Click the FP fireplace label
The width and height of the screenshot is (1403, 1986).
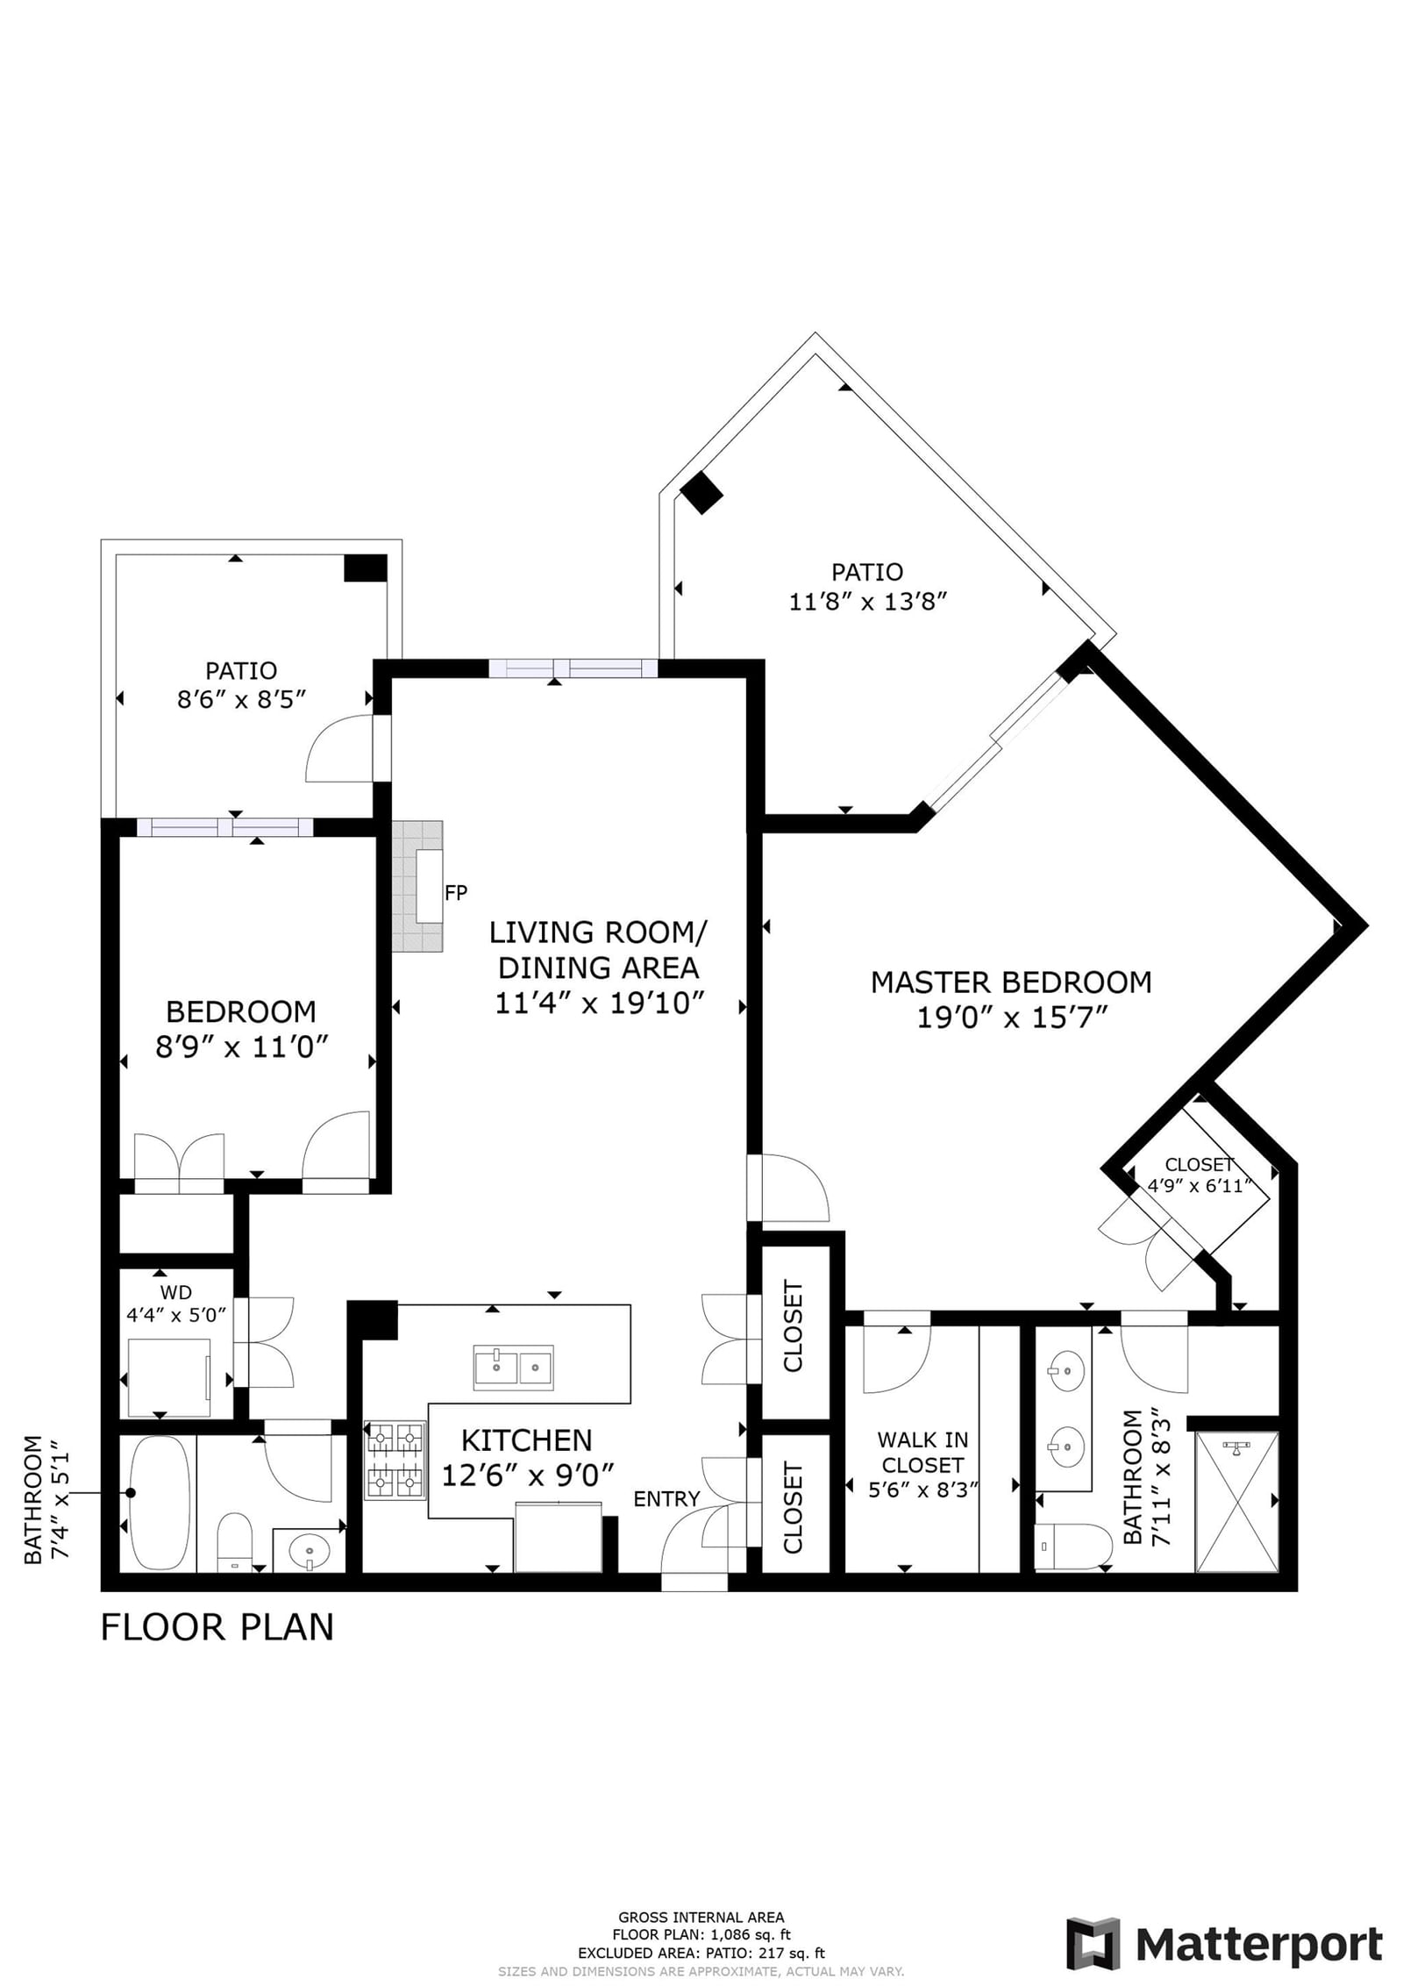pos(456,893)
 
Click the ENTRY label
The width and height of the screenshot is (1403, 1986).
pos(666,1499)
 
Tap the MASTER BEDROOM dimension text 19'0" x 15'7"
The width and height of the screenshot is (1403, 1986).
pos(1013,1018)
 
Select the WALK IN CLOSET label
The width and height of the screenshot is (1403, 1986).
pos(922,1452)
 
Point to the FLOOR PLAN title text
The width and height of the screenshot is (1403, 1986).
pos(217,1627)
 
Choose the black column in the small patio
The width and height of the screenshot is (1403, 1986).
pos(365,568)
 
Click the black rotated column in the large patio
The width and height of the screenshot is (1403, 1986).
pos(701,493)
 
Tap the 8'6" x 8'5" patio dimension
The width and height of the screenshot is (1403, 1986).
pos(241,699)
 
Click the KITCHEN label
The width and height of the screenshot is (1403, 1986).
pos(526,1440)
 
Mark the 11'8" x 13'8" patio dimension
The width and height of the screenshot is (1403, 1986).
pos(868,602)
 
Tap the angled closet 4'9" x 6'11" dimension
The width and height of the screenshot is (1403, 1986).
pos(1199,1187)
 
